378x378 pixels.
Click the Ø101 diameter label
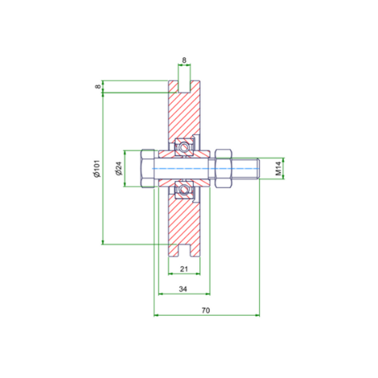97,168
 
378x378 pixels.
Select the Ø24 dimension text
118,168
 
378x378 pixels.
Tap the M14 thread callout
279,168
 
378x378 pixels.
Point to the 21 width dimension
183,269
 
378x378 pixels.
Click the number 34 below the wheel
183,289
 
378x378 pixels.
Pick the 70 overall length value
205,310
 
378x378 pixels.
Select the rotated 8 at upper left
97,86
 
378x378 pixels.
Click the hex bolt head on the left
147,168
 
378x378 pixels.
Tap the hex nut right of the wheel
224,168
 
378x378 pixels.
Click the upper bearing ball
184,146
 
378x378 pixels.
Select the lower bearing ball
184,190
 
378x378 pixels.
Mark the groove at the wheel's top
184,85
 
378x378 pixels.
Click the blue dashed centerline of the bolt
205,168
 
